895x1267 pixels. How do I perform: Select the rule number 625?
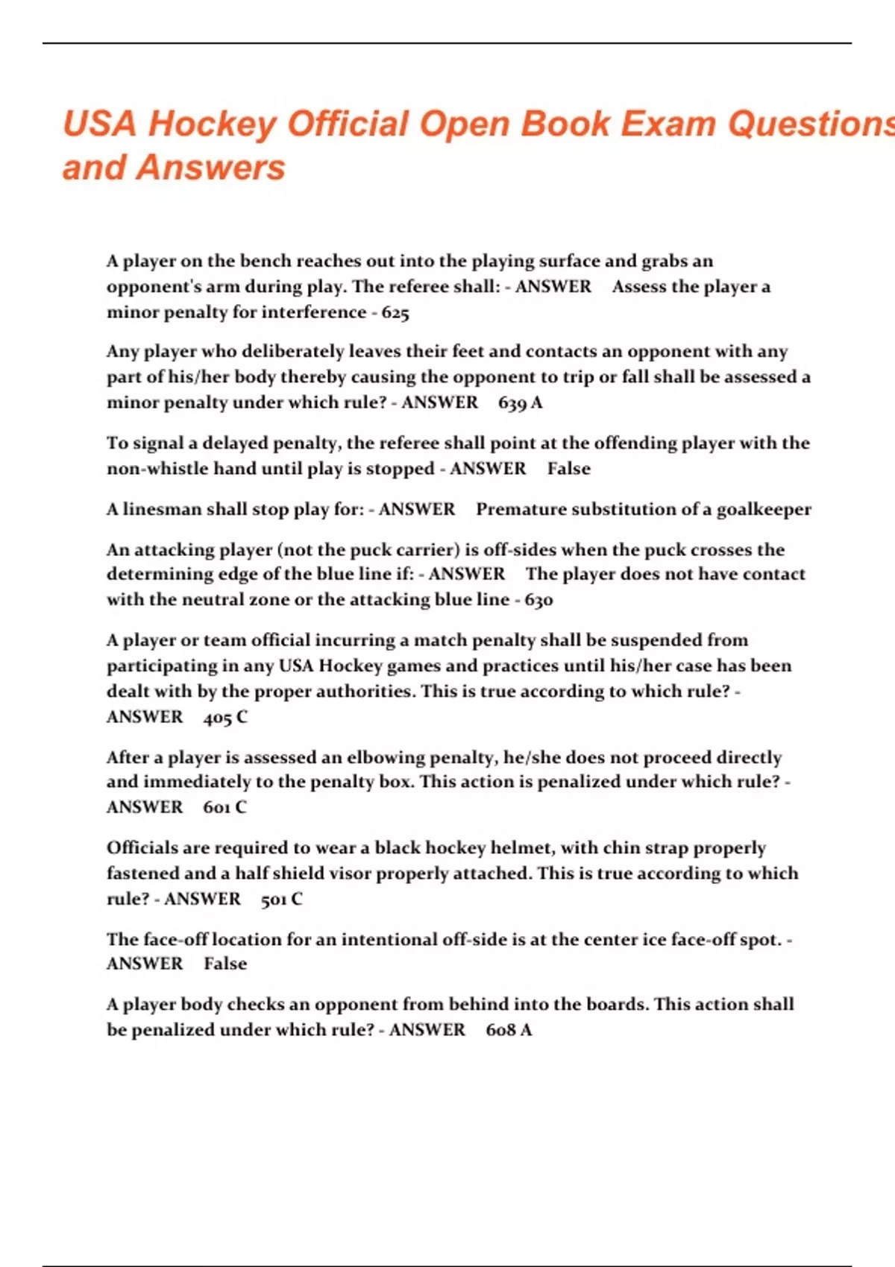tap(395, 313)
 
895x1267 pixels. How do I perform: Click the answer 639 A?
tap(520, 403)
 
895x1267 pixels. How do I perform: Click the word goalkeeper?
tap(764, 510)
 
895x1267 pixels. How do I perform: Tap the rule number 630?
tap(538, 600)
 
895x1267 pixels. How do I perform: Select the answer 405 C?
tap(225, 717)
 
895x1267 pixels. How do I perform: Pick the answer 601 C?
tap(224, 807)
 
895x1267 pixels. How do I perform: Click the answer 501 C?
tap(282, 899)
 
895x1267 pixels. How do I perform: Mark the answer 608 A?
tap(509, 1030)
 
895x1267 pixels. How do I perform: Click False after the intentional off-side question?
tap(225, 964)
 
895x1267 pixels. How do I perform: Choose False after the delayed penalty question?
tap(568, 469)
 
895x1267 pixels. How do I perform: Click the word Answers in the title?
tap(211, 168)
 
